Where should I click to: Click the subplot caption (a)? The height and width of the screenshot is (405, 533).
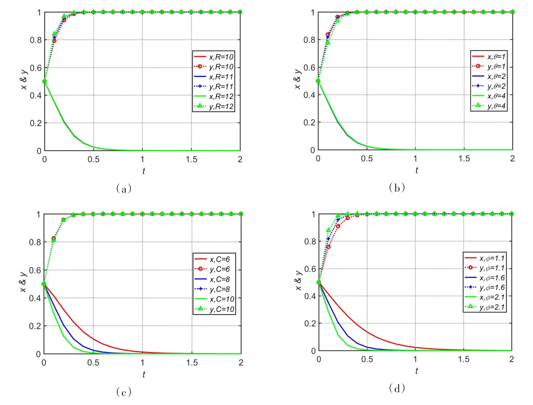coord(124,189)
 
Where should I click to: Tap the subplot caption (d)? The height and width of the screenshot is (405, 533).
coord(397,389)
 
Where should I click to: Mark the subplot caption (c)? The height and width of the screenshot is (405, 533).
coord(124,392)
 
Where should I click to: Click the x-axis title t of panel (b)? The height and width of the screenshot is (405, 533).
coord(416,170)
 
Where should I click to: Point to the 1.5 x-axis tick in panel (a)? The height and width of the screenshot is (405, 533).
coord(191,160)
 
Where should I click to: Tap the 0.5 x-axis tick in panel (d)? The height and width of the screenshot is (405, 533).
coord(367,359)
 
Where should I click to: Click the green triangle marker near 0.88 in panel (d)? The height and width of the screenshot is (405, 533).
coord(328,230)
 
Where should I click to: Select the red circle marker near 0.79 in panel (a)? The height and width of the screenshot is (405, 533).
coord(54,41)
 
